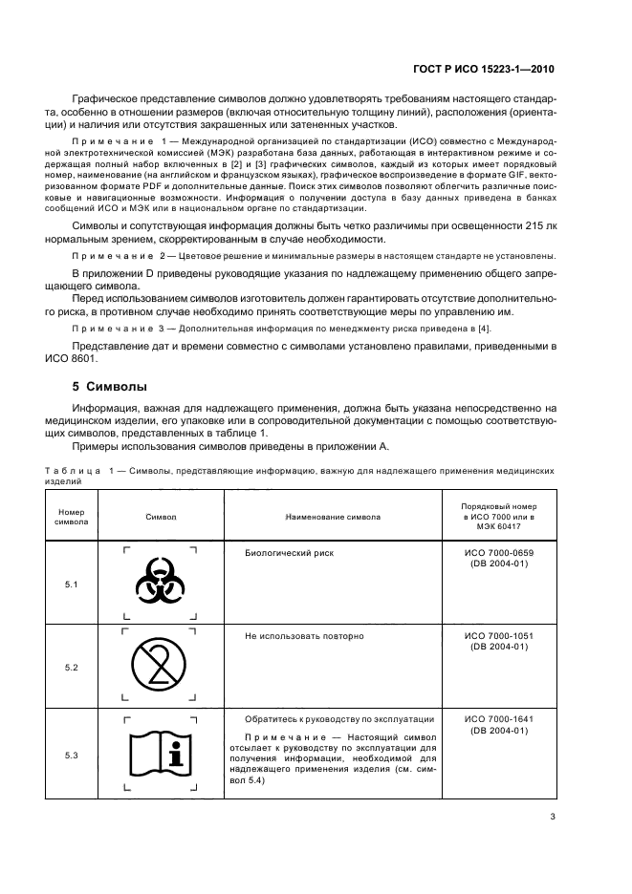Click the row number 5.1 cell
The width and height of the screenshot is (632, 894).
pyautogui.click(x=72, y=583)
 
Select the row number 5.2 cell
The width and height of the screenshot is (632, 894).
pyautogui.click(x=72, y=667)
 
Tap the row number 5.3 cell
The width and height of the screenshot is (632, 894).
pyautogui.click(x=72, y=755)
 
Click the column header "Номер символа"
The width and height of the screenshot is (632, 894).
pyautogui.click(x=72, y=517)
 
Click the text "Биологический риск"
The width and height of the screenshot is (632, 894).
pyautogui.click(x=290, y=552)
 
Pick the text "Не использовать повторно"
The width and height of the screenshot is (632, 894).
pyautogui.click(x=304, y=635)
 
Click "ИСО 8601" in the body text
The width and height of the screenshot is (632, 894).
pyautogui.click(x=97, y=359)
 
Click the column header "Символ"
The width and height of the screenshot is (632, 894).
pyautogui.click(x=160, y=517)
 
